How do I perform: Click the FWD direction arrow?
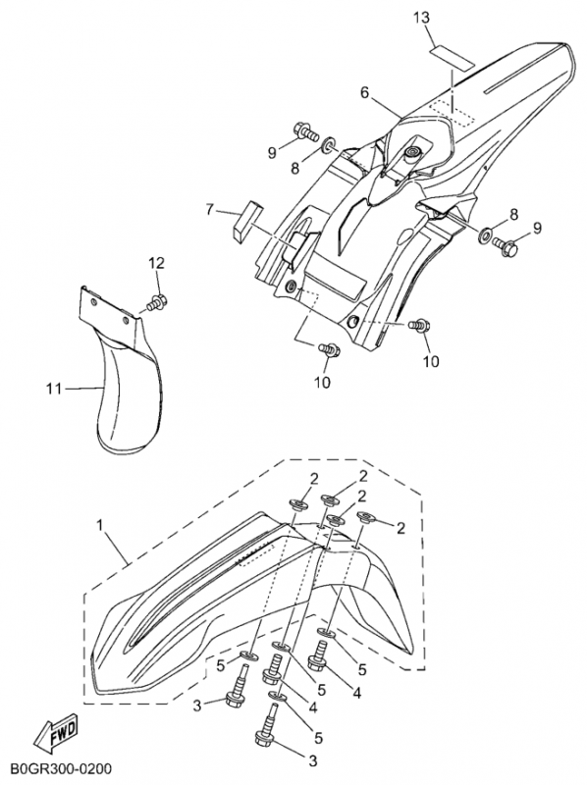[x=56, y=731]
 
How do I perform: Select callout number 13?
[x=421, y=18]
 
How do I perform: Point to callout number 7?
[x=210, y=209]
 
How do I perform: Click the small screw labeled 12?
[x=157, y=302]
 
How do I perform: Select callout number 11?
[x=54, y=388]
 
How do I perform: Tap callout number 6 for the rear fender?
[x=364, y=92]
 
